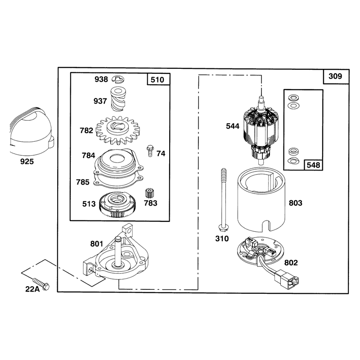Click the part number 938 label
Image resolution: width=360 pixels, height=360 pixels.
(x=101, y=80)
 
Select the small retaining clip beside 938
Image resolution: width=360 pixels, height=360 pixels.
(x=118, y=80)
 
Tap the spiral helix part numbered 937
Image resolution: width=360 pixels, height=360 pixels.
(x=118, y=99)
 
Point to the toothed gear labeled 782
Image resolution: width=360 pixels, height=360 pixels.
(x=118, y=130)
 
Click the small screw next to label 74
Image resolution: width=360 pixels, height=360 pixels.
(x=150, y=151)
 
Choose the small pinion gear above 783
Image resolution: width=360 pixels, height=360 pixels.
(x=150, y=193)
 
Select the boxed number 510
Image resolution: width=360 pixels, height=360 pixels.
(x=157, y=80)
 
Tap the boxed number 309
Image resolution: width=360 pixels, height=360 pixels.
(x=335, y=76)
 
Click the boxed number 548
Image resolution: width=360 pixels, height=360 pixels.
(x=313, y=165)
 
